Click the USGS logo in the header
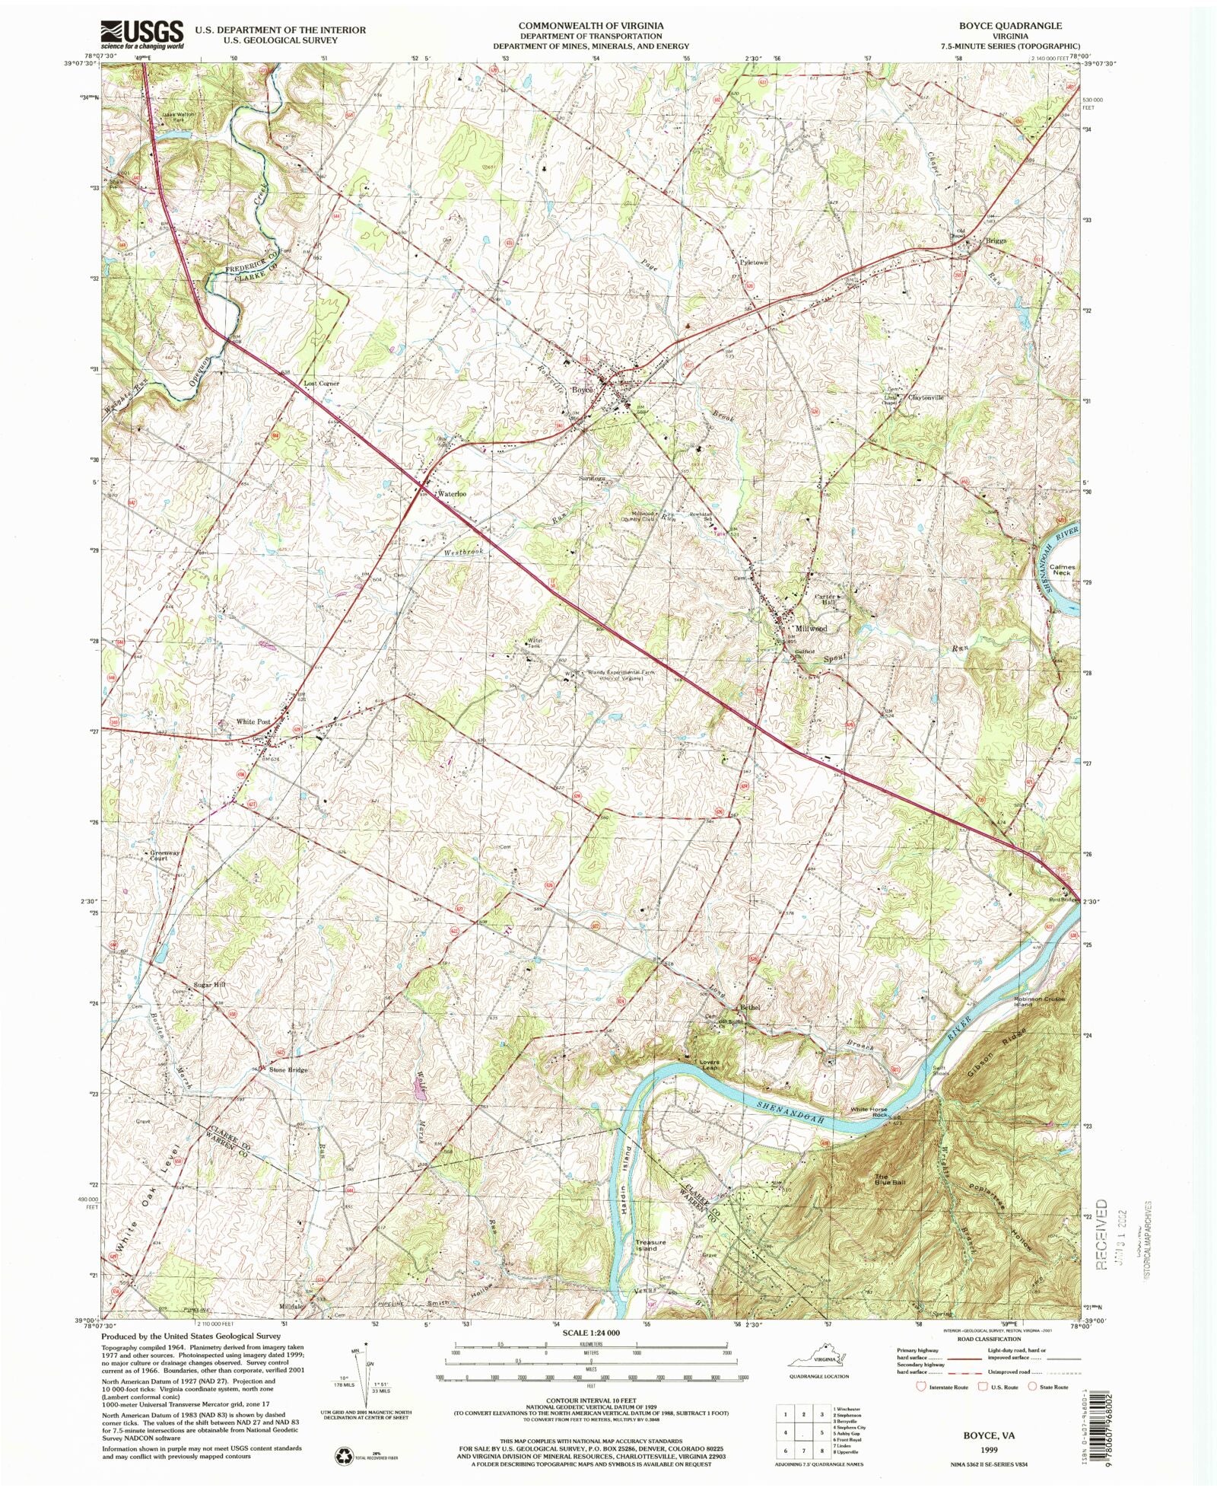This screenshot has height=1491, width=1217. coord(142,34)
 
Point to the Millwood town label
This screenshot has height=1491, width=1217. coord(811,629)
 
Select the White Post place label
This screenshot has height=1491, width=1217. coord(253,721)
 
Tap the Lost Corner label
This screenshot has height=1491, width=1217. coord(321,384)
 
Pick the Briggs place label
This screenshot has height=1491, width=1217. coord(996,241)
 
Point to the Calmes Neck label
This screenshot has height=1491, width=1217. coord(1062,570)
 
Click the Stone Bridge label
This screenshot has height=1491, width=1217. coord(288,1070)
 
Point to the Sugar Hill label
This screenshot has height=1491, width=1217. coord(210,985)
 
